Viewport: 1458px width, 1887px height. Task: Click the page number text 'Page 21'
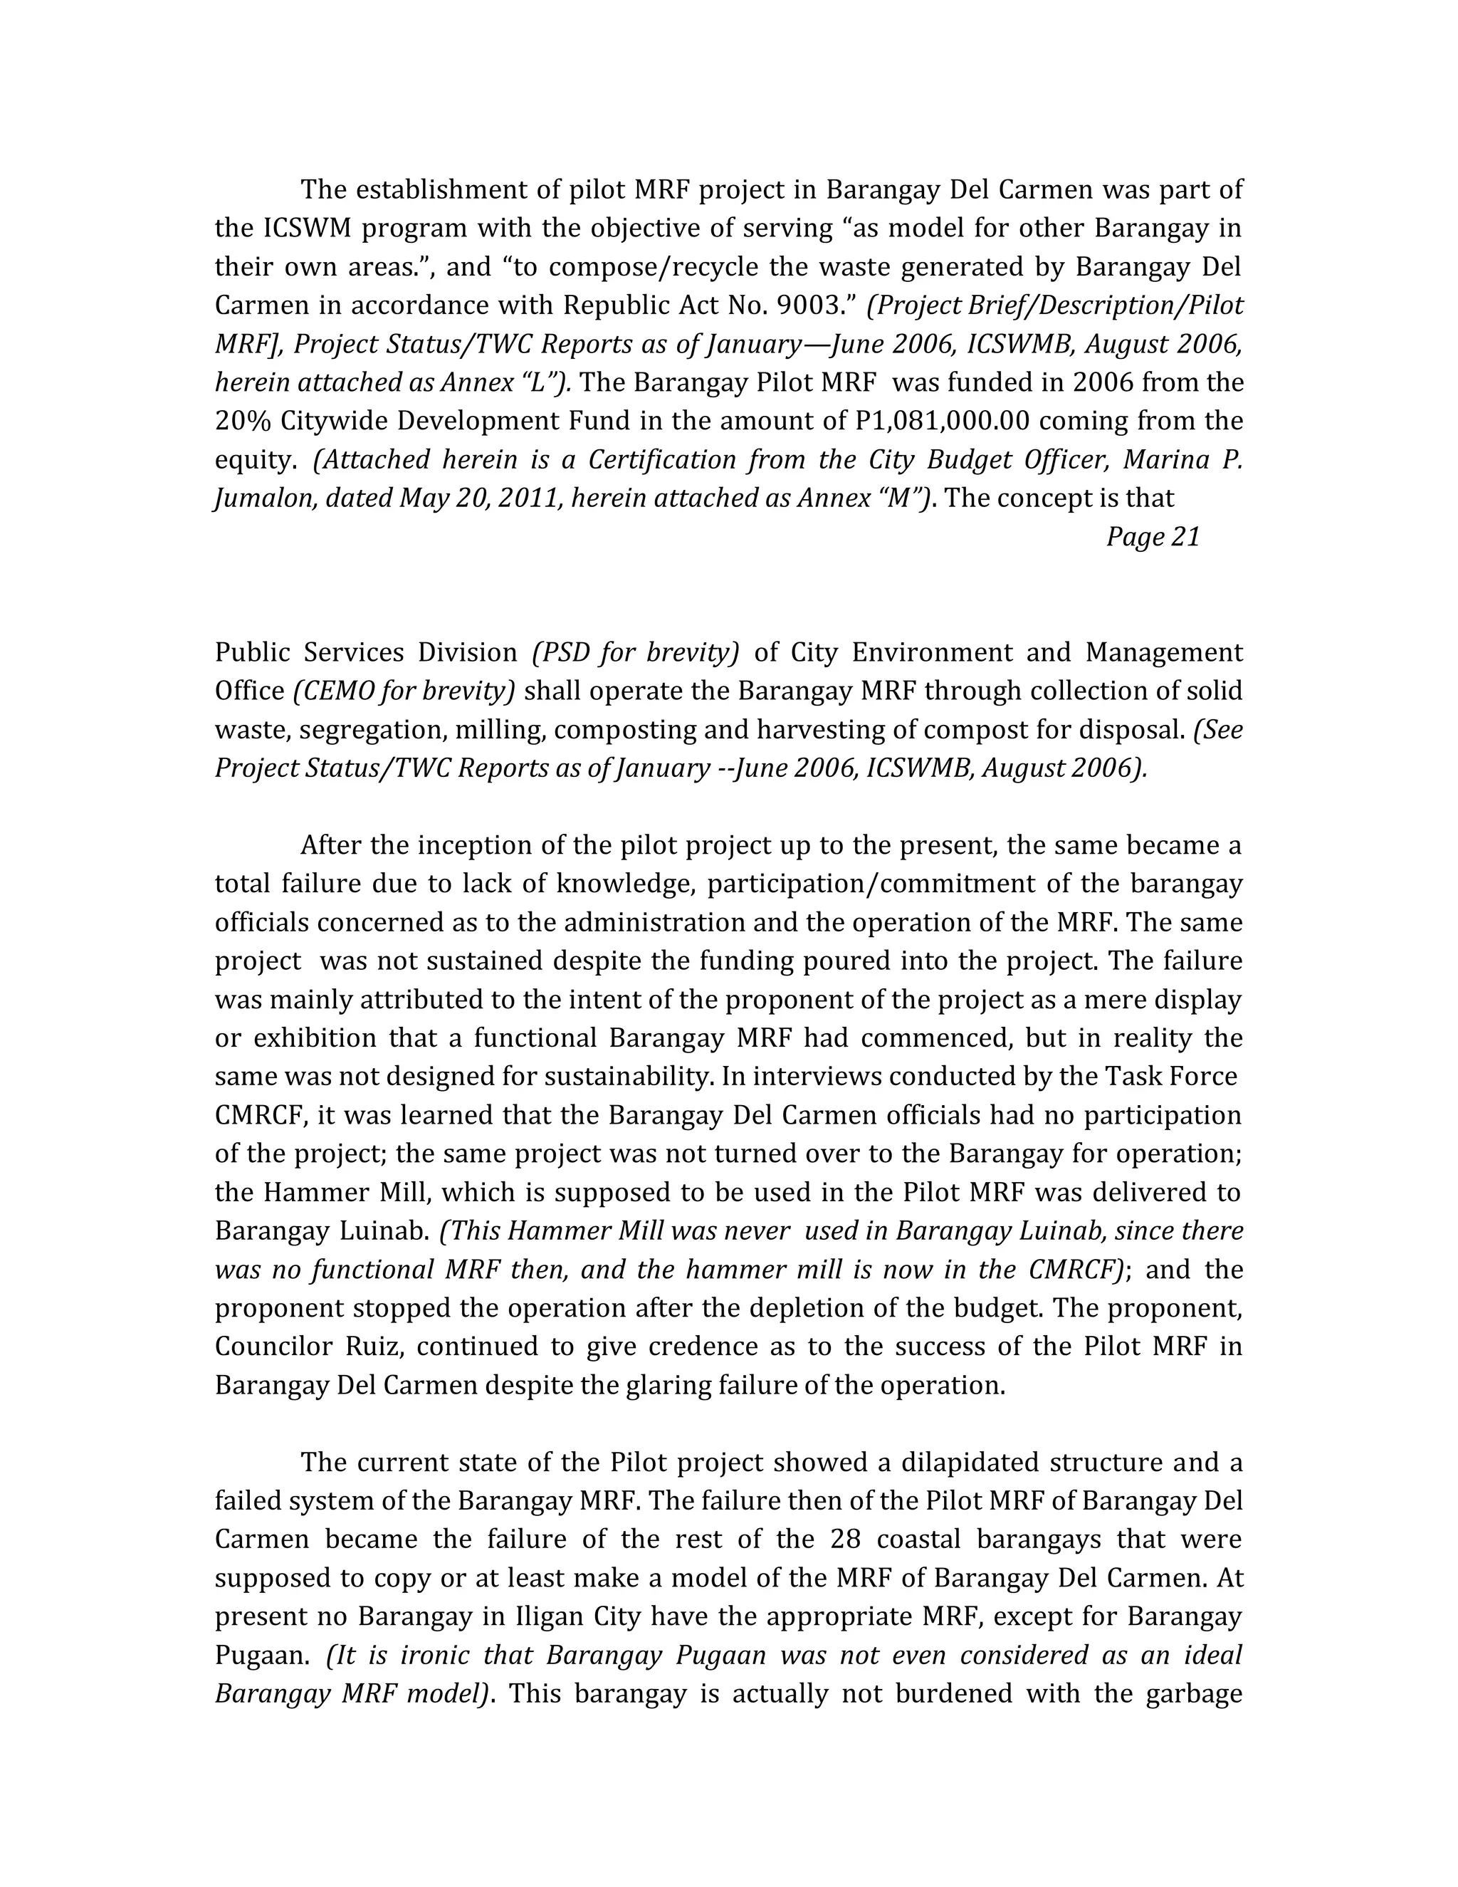[x=1153, y=537]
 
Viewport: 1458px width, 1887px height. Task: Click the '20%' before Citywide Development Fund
[x=243, y=421]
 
